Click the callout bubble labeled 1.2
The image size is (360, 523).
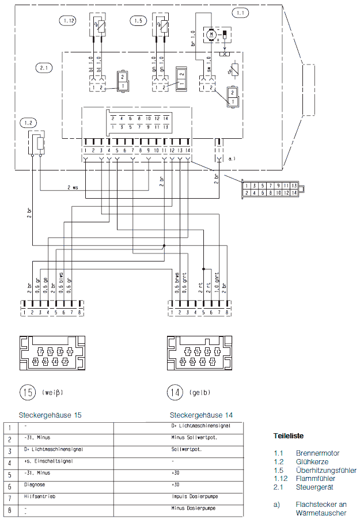27,123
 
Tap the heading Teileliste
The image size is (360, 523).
289,436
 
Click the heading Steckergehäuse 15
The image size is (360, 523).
50,415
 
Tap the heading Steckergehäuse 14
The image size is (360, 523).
202,415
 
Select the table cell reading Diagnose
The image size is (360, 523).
37,484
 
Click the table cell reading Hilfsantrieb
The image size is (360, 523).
40,496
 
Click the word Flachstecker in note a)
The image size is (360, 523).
314,504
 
